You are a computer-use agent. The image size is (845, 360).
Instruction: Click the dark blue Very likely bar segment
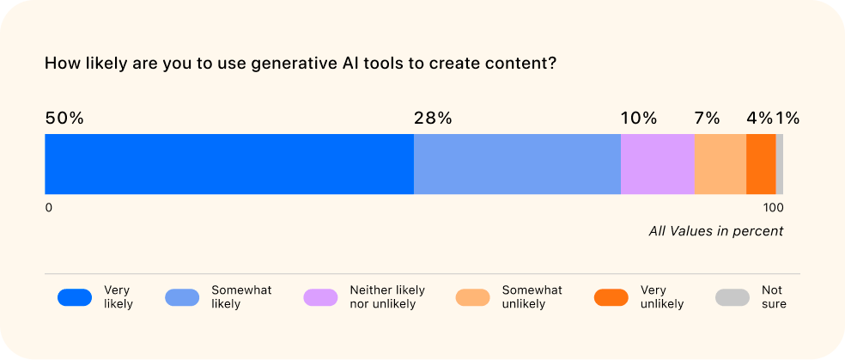point(228,164)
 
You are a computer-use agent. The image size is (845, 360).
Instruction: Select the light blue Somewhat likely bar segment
point(517,164)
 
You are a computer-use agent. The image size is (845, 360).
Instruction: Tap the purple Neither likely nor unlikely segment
point(657,164)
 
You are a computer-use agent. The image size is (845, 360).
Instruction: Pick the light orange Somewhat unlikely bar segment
point(720,164)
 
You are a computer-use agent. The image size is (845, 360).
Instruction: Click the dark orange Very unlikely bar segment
point(761,164)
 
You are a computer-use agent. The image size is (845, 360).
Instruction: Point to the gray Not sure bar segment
point(780,164)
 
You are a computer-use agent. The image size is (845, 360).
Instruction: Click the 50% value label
point(64,119)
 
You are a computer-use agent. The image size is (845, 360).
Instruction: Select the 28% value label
point(433,119)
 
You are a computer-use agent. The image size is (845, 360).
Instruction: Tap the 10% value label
point(638,119)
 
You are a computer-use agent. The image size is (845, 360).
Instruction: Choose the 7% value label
point(707,119)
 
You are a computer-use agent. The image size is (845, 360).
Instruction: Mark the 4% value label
point(759,119)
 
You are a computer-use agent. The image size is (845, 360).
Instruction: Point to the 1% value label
point(788,119)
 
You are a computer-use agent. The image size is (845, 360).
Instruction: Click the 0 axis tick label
point(49,208)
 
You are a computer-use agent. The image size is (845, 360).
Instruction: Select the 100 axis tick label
point(773,208)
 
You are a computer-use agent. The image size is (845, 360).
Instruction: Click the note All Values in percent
point(715,231)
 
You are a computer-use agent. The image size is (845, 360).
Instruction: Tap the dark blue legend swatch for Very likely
point(75,297)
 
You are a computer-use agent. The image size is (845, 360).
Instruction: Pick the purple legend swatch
point(320,297)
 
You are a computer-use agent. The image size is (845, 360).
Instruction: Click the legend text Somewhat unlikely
point(532,297)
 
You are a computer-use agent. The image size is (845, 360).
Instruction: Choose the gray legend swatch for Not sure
point(733,297)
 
